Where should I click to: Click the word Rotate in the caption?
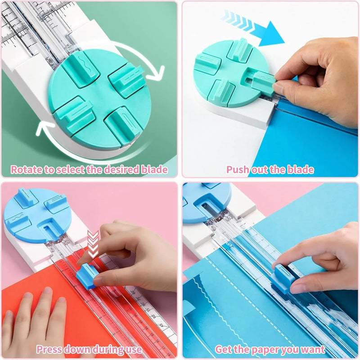(x=25, y=170)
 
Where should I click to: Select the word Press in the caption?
(x=51, y=349)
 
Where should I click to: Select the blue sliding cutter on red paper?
(x=87, y=275)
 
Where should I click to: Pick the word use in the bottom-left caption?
(x=134, y=349)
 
